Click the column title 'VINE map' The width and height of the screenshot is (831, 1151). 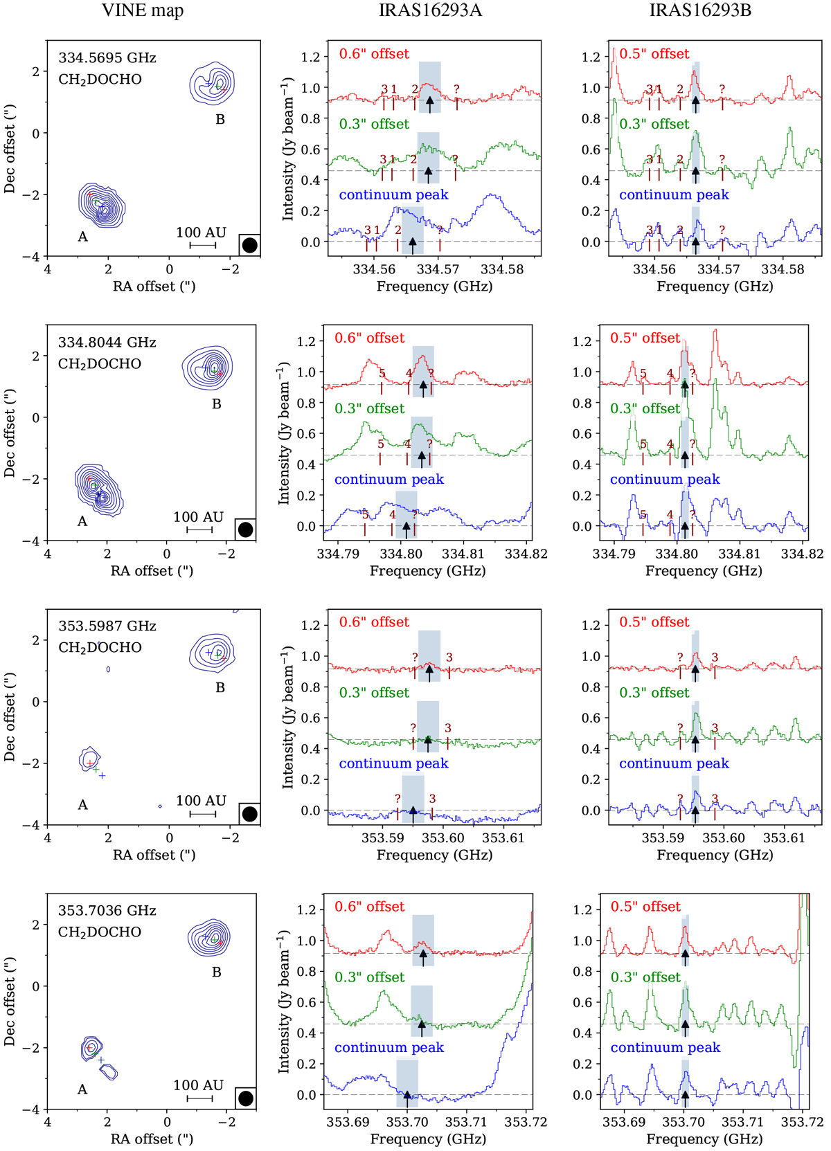[143, 10]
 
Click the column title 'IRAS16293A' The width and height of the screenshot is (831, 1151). [430, 10]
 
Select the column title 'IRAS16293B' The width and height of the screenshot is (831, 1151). [700, 10]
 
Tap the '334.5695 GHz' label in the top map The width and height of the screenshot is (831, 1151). [107, 58]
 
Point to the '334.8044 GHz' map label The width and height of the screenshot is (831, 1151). [107, 343]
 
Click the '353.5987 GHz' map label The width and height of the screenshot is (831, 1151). [107, 626]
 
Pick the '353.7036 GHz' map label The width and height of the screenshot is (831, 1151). [107, 911]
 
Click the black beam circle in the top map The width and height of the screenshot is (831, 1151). [250, 245]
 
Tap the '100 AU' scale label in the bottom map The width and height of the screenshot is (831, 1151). [199, 1085]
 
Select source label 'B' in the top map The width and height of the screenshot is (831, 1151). [220, 120]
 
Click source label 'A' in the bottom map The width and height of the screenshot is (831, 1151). [82, 1089]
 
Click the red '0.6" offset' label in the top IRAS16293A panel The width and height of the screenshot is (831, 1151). [374, 54]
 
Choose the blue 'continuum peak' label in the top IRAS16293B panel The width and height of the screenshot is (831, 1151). [674, 195]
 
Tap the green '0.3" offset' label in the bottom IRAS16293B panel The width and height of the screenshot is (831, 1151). [645, 977]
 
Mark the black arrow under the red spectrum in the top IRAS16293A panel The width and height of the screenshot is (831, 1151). [430, 104]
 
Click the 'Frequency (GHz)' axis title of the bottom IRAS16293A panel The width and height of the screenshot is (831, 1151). [428, 1139]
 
